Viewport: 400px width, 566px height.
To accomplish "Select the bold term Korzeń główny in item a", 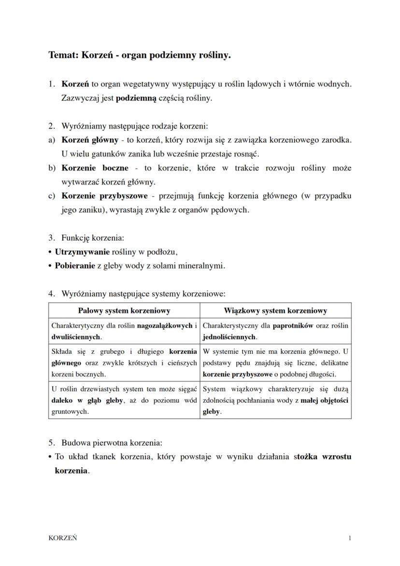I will pyautogui.click(x=90, y=140).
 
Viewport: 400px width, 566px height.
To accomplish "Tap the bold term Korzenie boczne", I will pyautogui.click(x=95, y=168).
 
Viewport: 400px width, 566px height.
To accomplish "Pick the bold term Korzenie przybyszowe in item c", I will pyautogui.click(x=103, y=196).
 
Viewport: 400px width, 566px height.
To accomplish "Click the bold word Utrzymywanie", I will pyautogui.click(x=82, y=252).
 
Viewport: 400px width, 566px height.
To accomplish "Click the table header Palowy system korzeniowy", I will pyautogui.click(x=124, y=311).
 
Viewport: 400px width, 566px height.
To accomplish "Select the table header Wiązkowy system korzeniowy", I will pyautogui.click(x=275, y=311).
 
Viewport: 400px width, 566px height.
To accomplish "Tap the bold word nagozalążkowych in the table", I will pyautogui.click(x=165, y=326).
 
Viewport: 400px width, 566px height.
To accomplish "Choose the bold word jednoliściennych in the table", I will pyautogui.click(x=229, y=336).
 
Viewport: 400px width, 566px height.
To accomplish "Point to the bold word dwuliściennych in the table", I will pyautogui.click(x=76, y=336).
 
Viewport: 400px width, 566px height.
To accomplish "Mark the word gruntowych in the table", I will pyautogui.click(x=70, y=411).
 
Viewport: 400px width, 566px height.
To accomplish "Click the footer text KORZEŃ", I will pyautogui.click(x=63, y=537).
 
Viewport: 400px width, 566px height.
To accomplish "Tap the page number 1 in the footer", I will pyautogui.click(x=349, y=537).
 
